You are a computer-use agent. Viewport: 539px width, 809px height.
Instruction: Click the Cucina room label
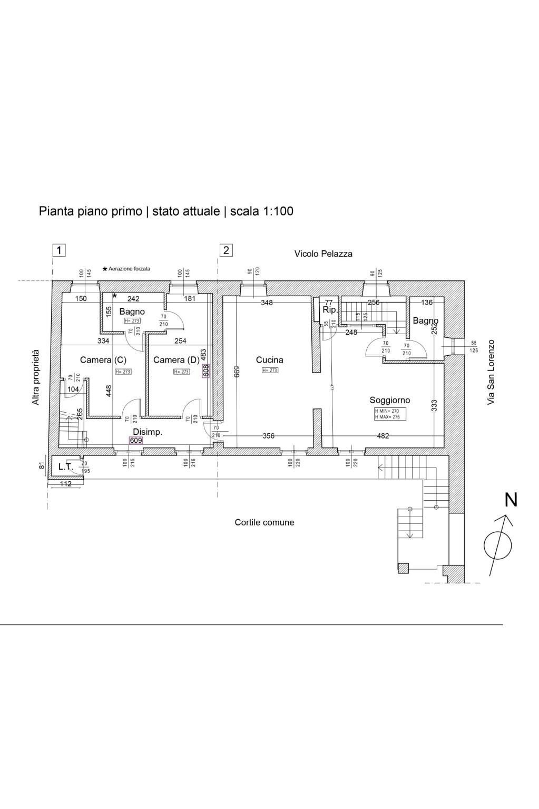pos(269,360)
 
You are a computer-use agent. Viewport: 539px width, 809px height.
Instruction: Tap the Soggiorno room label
pos(389,400)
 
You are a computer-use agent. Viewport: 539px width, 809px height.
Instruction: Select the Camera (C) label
pos(103,360)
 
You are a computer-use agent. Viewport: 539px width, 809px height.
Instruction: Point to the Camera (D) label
pos(176,360)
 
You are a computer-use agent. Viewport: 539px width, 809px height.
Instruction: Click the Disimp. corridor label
pos(148,432)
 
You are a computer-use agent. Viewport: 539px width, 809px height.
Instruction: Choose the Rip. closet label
pos(330,310)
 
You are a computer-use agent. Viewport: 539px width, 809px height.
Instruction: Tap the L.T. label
pos(65,466)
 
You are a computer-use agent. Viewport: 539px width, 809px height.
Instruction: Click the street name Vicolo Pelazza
pos(323,254)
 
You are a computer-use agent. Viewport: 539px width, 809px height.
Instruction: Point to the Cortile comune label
pos(264,522)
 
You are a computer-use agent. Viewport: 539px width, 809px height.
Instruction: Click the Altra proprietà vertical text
pos(36,377)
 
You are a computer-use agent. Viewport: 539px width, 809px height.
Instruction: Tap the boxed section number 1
pos(60,250)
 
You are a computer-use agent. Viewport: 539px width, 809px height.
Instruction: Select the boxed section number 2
pos(226,250)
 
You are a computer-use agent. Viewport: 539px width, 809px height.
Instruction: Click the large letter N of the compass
pos(511,500)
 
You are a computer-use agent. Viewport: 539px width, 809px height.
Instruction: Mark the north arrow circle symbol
pos(497,545)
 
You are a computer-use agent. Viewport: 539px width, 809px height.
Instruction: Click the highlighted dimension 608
pos(206,371)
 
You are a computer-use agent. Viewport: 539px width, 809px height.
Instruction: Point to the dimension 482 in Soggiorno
pos(383,436)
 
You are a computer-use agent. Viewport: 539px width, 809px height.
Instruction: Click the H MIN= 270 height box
pos(387,411)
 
